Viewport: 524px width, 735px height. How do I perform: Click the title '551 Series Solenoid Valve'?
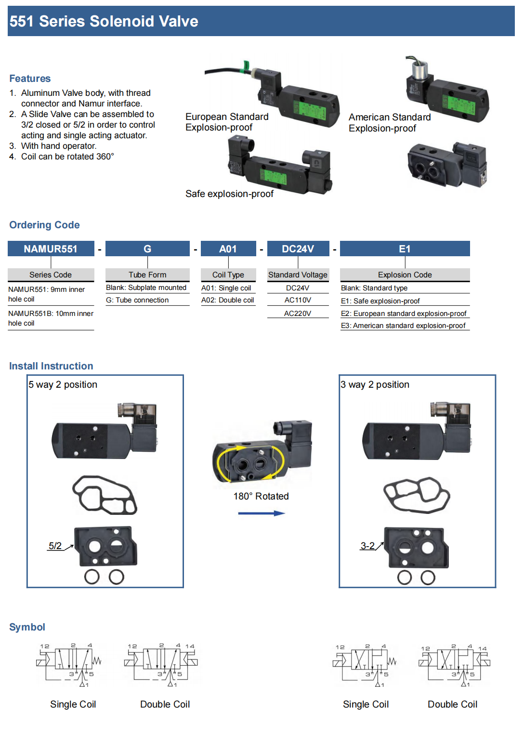point(104,21)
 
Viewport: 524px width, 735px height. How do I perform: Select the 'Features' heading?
point(30,79)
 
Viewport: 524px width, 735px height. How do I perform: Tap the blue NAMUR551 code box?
point(51,249)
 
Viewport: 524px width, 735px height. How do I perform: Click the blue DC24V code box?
point(298,249)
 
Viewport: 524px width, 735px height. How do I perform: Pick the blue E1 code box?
point(405,249)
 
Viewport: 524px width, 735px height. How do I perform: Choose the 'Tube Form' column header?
point(147,275)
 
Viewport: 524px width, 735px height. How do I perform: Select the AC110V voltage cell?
point(298,300)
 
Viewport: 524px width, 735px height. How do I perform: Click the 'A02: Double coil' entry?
point(227,300)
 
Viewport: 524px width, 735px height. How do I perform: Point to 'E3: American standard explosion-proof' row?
point(403,326)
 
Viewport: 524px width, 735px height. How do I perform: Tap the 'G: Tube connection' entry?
point(137,300)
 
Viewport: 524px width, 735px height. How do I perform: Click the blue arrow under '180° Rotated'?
point(262,513)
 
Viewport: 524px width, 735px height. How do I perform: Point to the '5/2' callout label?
point(55,546)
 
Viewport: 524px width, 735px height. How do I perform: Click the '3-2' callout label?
point(367,546)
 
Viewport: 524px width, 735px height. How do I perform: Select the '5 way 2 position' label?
point(63,384)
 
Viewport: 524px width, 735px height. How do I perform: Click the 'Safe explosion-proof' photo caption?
point(229,194)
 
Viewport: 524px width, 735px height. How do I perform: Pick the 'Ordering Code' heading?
point(44,225)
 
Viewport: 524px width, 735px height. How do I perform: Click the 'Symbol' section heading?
point(27,627)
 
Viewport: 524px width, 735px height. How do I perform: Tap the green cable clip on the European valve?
point(247,66)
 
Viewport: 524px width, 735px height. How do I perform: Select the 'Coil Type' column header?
point(228,275)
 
